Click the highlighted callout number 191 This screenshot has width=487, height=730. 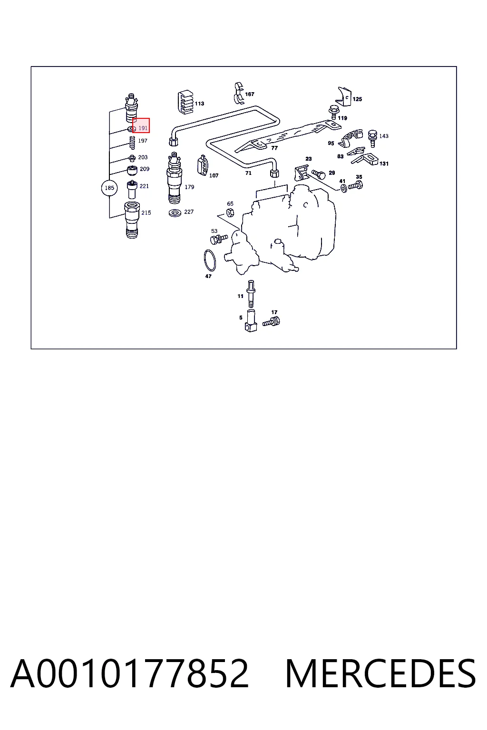coord(143,128)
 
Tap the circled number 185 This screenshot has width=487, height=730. coord(109,188)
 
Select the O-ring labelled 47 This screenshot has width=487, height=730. coord(210,260)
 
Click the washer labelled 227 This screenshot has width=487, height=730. coord(175,213)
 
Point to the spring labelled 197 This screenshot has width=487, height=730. coord(132,143)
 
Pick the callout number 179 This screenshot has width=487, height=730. coord(189,187)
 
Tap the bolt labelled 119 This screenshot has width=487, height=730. coord(333,113)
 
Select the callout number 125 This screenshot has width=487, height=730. coord(357,99)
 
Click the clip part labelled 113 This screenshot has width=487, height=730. coord(185,102)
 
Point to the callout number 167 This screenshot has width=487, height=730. coord(250,94)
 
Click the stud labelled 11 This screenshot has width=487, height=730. coord(251,294)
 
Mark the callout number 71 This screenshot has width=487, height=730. coord(248,173)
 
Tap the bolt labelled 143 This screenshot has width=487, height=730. coord(372,138)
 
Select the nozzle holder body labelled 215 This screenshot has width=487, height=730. coord(132,220)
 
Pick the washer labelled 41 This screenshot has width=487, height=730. coord(343,188)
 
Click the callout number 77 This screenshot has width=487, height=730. coord(274,148)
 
